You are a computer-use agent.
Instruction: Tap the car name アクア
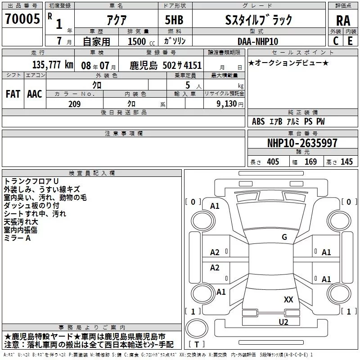[116, 20]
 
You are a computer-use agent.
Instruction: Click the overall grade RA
[343, 21]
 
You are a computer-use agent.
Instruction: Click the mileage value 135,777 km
[52, 65]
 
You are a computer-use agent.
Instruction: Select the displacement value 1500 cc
[138, 41]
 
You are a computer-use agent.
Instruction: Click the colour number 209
[74, 104]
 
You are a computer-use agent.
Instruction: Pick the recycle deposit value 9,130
[227, 104]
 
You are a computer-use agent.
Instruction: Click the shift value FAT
[13, 94]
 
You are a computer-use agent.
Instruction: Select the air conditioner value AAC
[35, 94]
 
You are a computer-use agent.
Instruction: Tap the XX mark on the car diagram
[288, 299]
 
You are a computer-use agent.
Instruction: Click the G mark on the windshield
[284, 237]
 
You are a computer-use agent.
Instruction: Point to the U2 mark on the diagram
[283, 321]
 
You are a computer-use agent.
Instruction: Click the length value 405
[273, 162]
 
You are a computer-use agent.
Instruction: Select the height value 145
[346, 162]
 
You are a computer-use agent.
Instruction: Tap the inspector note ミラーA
[17, 238]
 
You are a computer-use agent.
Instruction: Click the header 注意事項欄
[123, 134]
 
